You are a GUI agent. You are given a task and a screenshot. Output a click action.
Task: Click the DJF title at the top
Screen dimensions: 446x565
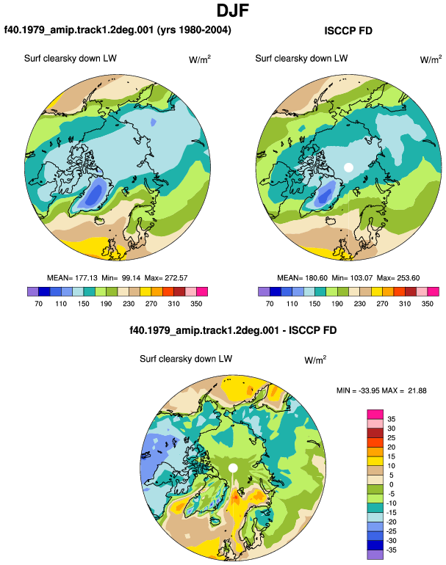233,10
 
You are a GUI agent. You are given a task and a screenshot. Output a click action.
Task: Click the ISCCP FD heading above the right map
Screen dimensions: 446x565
348,31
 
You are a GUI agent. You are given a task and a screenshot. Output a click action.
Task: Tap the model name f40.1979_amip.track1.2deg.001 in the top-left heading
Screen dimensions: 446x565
79,30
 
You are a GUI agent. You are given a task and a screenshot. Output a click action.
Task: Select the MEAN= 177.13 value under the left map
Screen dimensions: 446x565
72,278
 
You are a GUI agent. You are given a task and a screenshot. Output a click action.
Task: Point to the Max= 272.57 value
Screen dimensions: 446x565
166,278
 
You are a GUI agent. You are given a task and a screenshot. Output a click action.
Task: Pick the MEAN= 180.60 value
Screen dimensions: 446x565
303,278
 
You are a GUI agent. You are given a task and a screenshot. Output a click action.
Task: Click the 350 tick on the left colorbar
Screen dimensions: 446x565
196,304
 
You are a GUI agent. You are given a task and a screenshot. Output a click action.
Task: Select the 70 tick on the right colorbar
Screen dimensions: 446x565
270,304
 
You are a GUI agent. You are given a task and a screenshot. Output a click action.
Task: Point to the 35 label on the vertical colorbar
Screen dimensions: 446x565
391,419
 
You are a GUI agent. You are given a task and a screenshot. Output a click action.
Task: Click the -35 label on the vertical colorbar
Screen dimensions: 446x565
391,550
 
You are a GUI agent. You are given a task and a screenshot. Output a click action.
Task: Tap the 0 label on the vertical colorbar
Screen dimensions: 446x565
391,484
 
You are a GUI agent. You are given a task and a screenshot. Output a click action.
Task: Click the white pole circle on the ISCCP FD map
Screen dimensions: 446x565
348,167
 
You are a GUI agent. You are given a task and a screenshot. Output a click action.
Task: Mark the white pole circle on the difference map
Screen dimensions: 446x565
233,468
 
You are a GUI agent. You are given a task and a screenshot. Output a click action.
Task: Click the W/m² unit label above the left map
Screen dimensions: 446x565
200,59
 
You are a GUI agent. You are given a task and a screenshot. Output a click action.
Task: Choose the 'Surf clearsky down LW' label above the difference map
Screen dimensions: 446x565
186,359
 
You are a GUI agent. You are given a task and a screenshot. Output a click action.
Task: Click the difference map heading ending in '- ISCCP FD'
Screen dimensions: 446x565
233,330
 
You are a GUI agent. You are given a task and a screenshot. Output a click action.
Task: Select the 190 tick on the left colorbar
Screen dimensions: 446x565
106,304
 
